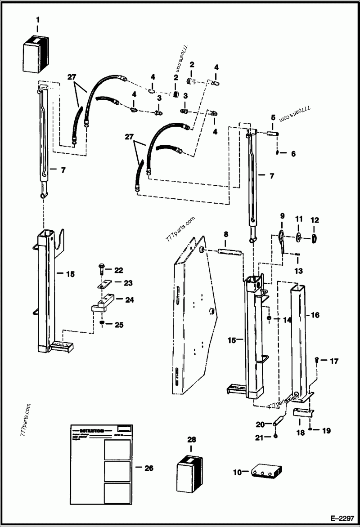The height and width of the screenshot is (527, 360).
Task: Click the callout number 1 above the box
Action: [x=37, y=19]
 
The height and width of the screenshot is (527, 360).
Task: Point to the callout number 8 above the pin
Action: [x=226, y=234]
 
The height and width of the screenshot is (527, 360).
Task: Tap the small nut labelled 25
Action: [x=103, y=323]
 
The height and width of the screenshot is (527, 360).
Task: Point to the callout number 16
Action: [x=315, y=315]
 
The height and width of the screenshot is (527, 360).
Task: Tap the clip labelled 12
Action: [x=314, y=239]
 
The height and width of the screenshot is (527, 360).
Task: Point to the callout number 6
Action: [x=293, y=154]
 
